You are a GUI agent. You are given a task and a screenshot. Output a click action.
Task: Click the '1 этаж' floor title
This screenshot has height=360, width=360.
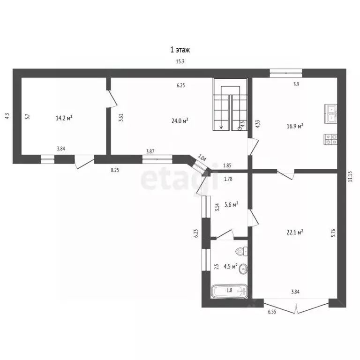(180, 50)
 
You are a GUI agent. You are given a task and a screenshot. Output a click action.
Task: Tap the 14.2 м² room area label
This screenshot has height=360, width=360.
(64, 118)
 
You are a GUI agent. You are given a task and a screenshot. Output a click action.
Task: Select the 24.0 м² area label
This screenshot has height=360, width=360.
(180, 120)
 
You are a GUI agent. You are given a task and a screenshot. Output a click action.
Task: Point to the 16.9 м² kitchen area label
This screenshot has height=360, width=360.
(295, 126)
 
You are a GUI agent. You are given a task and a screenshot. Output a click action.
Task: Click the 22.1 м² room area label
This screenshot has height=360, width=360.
(295, 232)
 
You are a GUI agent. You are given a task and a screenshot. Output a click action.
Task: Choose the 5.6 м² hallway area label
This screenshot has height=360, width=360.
(231, 204)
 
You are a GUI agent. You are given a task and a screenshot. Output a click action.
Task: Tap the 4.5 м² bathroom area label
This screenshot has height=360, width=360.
(230, 266)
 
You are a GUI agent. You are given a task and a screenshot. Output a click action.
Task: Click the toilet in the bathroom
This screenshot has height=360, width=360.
(242, 251)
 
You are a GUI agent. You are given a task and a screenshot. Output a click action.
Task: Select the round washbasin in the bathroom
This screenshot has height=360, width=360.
(243, 269)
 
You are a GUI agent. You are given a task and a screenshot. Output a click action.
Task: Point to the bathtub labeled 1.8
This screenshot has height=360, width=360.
(229, 292)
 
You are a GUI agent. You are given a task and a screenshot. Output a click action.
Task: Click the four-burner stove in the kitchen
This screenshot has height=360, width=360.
(330, 139)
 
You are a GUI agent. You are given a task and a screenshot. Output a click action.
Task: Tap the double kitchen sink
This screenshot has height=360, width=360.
(330, 113)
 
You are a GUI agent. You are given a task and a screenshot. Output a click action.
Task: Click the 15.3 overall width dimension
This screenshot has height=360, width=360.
(180, 61)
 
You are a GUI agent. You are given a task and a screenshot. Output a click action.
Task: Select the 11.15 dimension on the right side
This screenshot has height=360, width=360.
(350, 177)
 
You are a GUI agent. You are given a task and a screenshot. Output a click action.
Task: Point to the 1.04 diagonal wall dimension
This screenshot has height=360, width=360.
(202, 157)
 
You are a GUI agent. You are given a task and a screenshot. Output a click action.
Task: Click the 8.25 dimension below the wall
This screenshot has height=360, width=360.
(115, 170)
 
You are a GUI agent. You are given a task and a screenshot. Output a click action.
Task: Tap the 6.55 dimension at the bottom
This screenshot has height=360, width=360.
(271, 312)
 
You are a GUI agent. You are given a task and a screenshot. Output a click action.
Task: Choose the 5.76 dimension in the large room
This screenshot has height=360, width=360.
(334, 233)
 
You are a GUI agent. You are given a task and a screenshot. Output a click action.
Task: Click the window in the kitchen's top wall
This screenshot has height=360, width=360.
(286, 73)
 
